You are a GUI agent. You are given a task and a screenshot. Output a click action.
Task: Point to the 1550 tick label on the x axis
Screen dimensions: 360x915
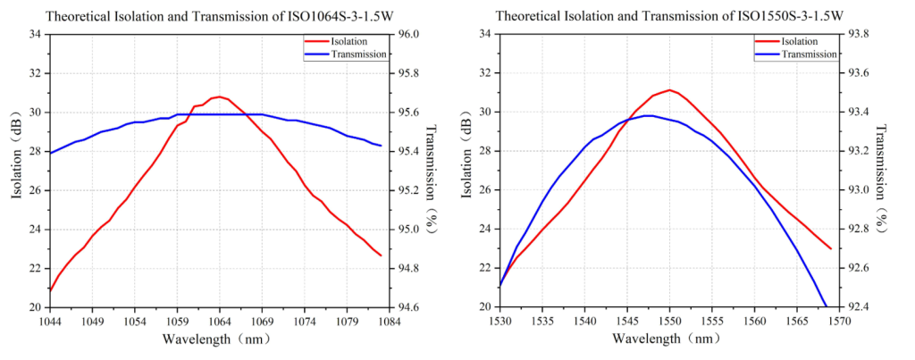(x=669, y=322)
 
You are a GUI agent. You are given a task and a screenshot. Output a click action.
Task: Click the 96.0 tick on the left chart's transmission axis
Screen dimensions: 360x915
(x=408, y=34)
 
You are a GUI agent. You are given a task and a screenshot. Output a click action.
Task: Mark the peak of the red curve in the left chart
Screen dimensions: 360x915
(x=219, y=96)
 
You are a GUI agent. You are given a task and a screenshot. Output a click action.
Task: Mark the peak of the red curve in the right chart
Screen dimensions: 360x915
(x=669, y=89)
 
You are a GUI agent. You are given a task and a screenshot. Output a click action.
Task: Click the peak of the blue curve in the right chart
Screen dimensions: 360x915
(x=650, y=115)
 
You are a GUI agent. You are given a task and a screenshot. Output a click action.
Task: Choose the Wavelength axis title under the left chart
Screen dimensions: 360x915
(x=219, y=339)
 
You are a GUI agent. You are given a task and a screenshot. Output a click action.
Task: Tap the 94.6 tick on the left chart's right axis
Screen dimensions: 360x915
(x=408, y=307)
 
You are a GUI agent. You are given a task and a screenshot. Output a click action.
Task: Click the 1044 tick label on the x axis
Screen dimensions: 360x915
(x=50, y=322)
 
